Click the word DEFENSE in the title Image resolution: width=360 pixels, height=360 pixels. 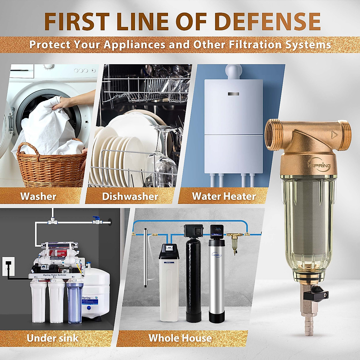pos(268,21)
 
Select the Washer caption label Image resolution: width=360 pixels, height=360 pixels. pos(38,196)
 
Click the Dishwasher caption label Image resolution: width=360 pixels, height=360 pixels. pos(130,196)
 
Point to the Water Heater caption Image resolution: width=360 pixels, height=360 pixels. pos(224,196)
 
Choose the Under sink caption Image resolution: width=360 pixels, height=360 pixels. pos(52,338)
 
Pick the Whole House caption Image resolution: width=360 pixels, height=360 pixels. pos(180,338)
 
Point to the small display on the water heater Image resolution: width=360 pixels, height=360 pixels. pos(233,94)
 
